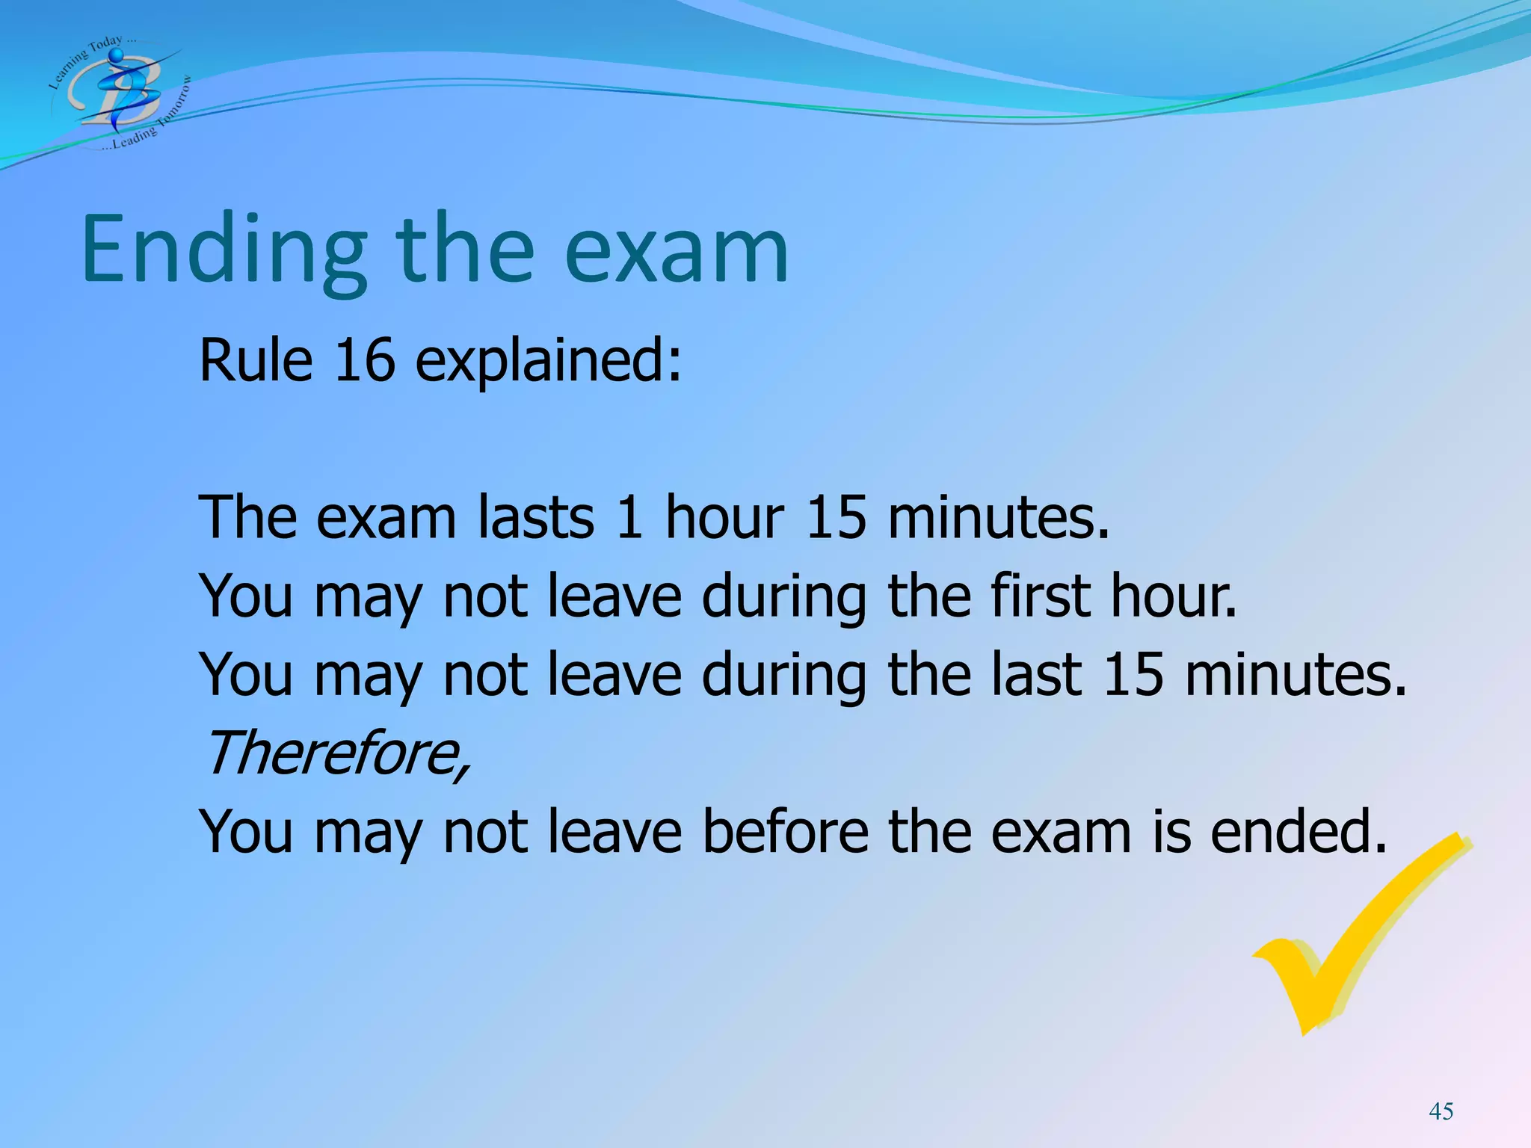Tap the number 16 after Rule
pyautogui.click(x=364, y=361)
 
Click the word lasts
pyautogui.click(x=536, y=517)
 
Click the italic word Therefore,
pyautogui.click(x=336, y=753)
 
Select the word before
pyautogui.click(x=785, y=831)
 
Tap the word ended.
pyautogui.click(x=1299, y=831)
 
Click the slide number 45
pyautogui.click(x=1441, y=1111)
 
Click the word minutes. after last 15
pyautogui.click(x=1296, y=674)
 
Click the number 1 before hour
pyautogui.click(x=629, y=517)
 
